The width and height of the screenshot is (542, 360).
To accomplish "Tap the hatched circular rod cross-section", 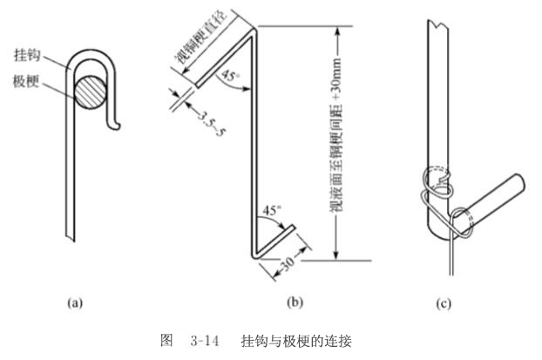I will coord(93,91).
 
